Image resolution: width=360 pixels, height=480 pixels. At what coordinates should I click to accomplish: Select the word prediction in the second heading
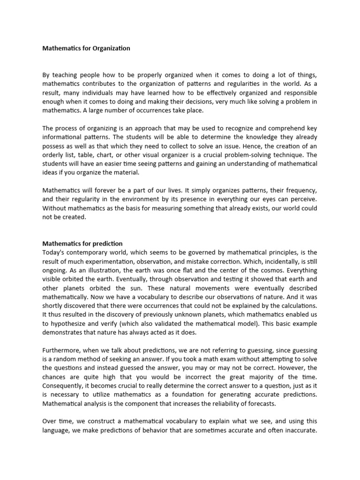point(107,244)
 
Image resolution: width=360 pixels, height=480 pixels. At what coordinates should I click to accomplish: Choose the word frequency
point(298,191)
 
